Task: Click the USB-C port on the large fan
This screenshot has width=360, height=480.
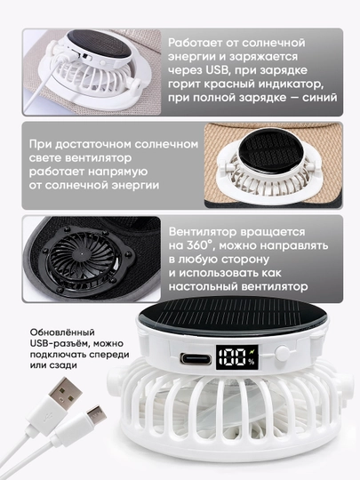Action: tap(196, 358)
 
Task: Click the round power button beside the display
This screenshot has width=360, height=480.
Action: tap(282, 353)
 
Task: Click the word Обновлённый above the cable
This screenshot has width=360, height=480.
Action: tap(62, 332)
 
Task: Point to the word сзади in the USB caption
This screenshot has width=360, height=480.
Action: tap(65, 365)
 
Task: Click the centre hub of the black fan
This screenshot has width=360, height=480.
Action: tap(81, 253)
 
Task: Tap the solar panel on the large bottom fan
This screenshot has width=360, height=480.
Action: tap(233, 316)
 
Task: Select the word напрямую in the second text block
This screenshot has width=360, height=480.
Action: tap(118, 172)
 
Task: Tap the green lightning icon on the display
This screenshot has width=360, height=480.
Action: tap(252, 352)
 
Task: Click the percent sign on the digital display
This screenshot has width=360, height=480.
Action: tap(252, 362)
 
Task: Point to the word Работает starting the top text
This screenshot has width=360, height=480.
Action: tap(195, 43)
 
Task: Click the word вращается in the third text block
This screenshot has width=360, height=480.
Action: tap(272, 232)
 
